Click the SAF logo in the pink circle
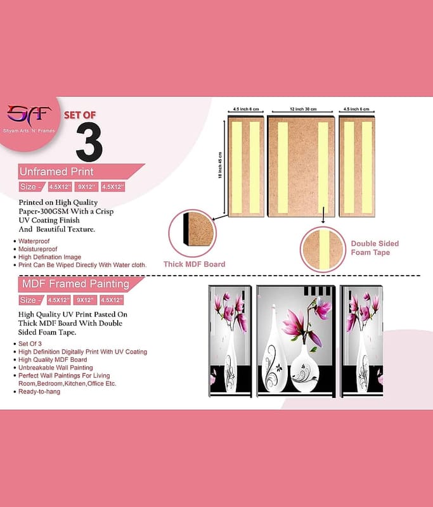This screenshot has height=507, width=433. click(29, 115)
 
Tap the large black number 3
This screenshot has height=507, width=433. click(89, 142)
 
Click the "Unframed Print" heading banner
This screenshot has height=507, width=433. click(81, 171)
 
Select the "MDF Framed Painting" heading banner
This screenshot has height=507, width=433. click(81, 284)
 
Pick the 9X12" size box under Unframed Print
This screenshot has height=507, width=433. click(86, 187)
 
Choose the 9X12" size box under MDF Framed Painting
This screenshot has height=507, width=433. click(85, 300)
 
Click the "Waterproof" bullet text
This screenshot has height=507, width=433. click(34, 241)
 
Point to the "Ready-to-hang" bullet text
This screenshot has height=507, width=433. click(39, 392)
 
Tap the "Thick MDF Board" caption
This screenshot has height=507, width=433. click(195, 264)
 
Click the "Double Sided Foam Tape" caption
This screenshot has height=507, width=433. click(375, 248)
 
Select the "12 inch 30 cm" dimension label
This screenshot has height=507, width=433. click(303, 109)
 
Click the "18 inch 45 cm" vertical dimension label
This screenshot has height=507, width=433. click(220, 165)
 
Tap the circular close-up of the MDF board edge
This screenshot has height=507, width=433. click(192, 233)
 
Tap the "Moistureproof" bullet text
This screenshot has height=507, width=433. click(37, 249)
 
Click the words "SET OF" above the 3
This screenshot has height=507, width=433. click(79, 115)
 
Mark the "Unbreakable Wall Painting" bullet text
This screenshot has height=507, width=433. click(56, 368)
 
